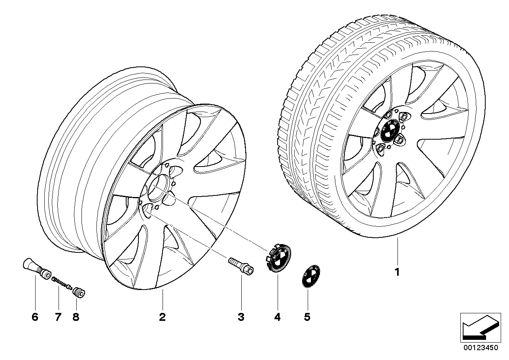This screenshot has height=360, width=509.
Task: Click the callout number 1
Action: pos(397,272)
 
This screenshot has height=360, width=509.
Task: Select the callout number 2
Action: pos(162,317)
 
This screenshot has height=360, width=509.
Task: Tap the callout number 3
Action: pos(241,317)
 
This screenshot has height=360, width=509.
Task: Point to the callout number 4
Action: pos(278,317)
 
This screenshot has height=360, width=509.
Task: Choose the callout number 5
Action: pos(307,317)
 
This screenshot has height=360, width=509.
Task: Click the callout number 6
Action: pos(35,317)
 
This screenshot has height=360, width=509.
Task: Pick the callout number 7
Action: pos(58,317)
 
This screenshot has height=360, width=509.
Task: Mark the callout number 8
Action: pos(76,317)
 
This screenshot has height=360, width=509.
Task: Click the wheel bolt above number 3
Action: pos(241,266)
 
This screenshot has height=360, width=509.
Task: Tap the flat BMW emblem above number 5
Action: pos(311,277)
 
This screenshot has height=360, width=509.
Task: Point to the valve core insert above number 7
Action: pos(62,283)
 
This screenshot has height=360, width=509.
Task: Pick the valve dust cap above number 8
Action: pos(79,292)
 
